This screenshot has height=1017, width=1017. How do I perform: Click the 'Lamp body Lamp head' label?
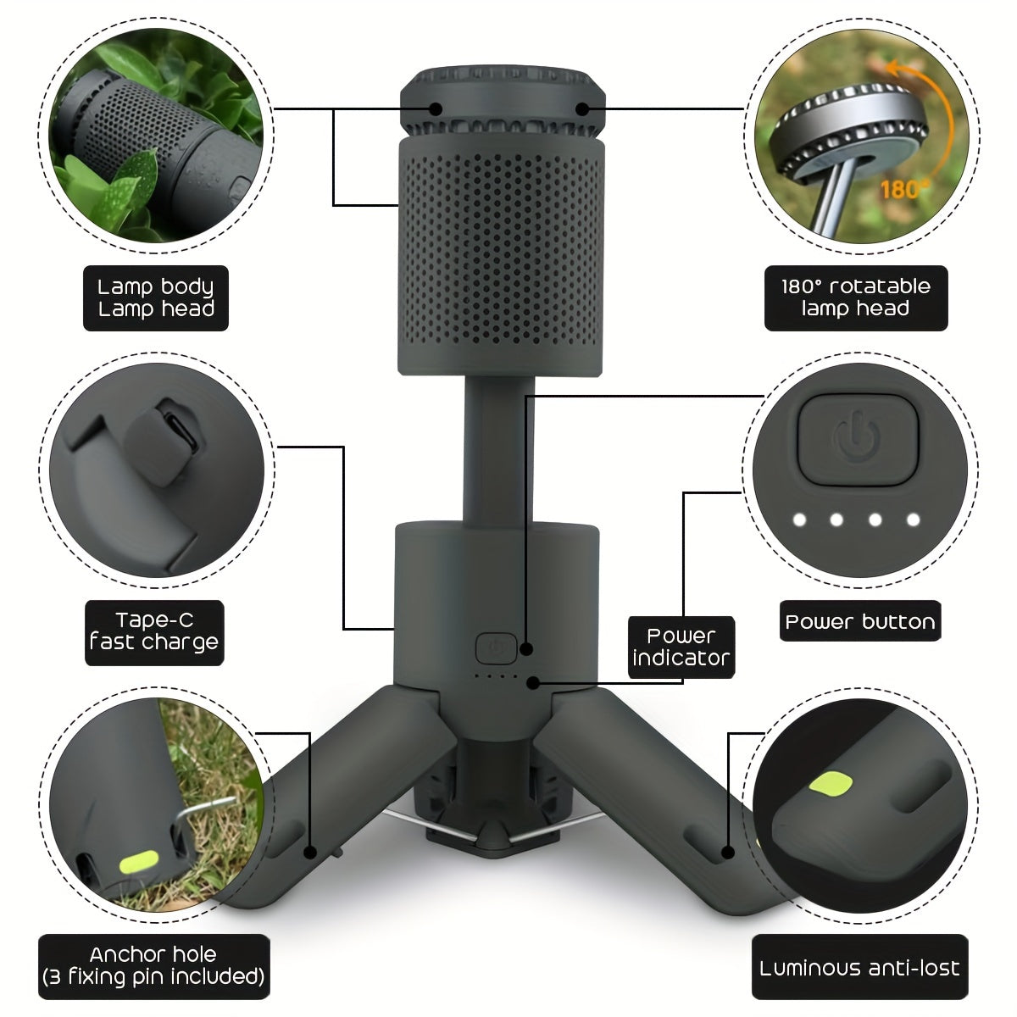156,297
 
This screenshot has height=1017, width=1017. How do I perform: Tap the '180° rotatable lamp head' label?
855,297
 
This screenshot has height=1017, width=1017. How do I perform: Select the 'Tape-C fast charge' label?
154,632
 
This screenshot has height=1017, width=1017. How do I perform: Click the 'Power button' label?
860,622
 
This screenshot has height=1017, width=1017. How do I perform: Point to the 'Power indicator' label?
681,647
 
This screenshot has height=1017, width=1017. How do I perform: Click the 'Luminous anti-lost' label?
859,968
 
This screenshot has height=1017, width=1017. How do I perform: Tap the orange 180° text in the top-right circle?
902,188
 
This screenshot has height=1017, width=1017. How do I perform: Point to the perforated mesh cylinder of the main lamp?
501,254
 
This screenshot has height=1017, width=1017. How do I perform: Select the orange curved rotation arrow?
941,119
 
